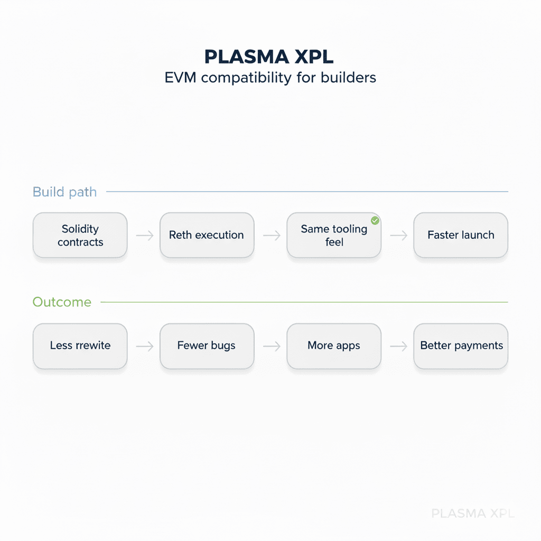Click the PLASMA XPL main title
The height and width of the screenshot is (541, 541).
point(270,57)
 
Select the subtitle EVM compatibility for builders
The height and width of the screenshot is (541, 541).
point(270,77)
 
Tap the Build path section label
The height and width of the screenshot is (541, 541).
point(64,192)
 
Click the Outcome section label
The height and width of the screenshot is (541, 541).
point(62,302)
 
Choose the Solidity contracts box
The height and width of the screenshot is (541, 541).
point(80,236)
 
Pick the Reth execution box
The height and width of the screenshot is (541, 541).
point(207,236)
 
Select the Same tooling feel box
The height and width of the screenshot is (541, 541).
point(333,236)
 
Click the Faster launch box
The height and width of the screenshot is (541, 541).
point(460,236)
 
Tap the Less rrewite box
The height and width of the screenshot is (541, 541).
point(80,346)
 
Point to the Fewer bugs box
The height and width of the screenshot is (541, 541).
point(207,346)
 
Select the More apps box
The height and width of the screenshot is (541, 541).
point(333,346)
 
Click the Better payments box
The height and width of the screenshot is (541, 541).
point(460,346)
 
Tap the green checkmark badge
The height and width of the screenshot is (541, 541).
point(375,220)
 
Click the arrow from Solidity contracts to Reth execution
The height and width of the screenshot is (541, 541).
point(144,236)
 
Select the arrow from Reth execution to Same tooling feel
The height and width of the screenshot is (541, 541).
point(270,236)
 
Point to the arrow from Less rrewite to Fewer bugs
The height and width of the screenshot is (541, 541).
point(144,346)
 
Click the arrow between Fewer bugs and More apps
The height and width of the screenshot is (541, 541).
point(270,346)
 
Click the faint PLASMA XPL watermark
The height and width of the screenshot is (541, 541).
point(472,513)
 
